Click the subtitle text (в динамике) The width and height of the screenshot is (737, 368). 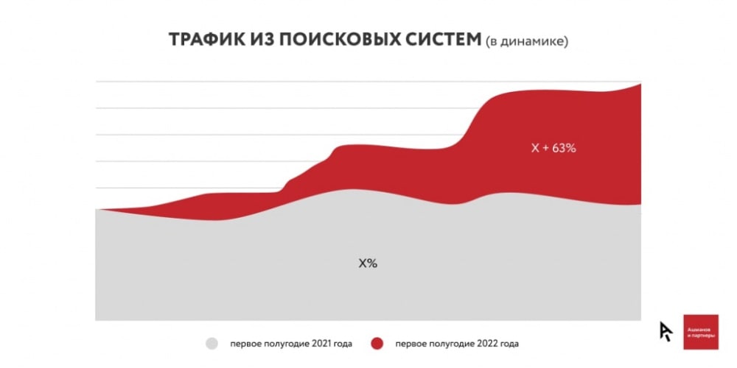526,42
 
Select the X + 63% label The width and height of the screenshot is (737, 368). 553,147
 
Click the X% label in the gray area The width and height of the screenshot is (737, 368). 368,263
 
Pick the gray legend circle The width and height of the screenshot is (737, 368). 212,344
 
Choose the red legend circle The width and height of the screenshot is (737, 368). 377,344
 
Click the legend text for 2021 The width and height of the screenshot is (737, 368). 290,344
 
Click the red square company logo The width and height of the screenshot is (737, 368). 700,332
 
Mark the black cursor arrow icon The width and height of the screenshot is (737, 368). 666,331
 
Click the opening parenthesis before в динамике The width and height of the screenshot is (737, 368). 488,42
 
